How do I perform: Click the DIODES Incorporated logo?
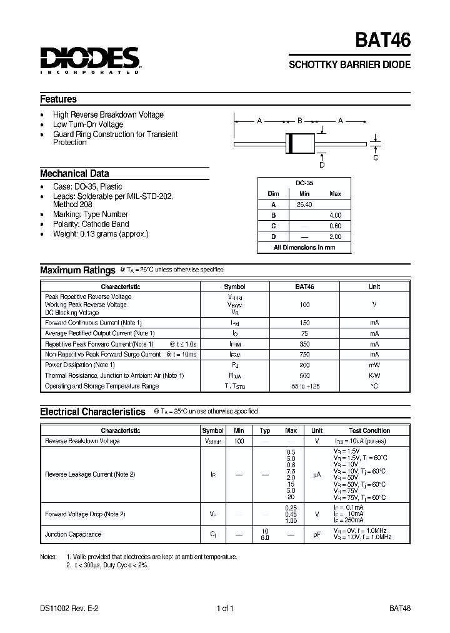pos(90,60)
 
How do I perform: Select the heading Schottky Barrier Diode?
pos(349,65)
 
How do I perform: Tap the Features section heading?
pos(58,99)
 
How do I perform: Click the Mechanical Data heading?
pos(74,174)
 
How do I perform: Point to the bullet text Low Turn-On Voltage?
pos(88,124)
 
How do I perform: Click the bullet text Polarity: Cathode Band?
pos(91,224)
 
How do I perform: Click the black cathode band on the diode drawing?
pos(290,143)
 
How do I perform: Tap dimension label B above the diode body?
pos(300,121)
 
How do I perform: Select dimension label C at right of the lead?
pos(376,158)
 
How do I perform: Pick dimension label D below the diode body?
pos(322,165)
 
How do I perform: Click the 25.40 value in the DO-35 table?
pos(304,205)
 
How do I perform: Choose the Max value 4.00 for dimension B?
pos(335,215)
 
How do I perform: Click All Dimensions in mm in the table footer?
pos(304,248)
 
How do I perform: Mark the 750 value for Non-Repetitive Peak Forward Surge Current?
pos(304,354)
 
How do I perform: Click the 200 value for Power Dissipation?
pos(304,365)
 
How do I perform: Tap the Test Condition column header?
pos(369,430)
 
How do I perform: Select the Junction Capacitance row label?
pos(73,534)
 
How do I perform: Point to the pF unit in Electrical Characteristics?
pos(317,534)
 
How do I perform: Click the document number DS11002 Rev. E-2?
pos(66,608)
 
